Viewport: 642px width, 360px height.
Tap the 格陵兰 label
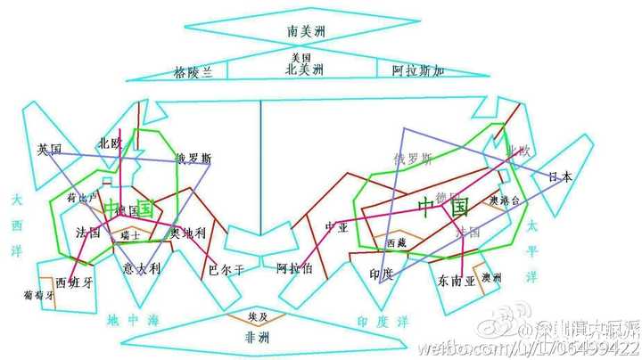coord(193,72)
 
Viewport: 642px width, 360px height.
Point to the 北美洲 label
coord(304,69)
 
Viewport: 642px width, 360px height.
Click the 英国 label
coord(49,149)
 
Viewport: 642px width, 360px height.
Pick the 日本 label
coord(561,176)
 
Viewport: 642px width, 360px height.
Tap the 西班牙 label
coord(73,282)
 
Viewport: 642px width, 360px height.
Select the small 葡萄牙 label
coord(40,293)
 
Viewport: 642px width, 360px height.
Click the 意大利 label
coord(141,268)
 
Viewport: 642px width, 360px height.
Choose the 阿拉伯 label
coord(293,267)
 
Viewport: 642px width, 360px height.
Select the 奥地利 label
coord(187,233)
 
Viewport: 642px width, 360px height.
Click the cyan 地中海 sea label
coord(131,320)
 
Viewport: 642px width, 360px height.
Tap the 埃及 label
coord(257,315)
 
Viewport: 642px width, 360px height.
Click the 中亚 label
coord(334,226)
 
